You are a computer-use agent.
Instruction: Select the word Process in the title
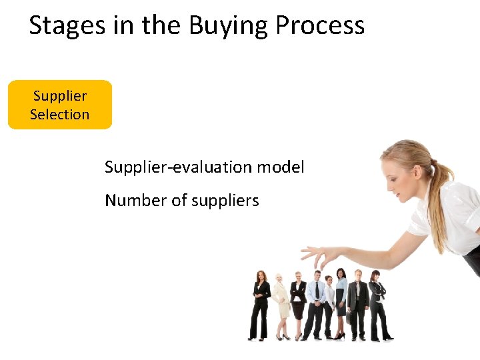click(x=320, y=25)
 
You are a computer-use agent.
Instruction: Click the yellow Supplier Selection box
click(x=59, y=105)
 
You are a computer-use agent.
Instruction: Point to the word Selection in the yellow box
click(x=59, y=114)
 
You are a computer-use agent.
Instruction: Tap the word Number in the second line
click(x=129, y=200)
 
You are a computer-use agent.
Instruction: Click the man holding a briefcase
click(x=358, y=303)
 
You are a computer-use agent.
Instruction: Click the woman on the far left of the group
click(x=260, y=303)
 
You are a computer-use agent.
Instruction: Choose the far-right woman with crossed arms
click(x=377, y=303)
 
